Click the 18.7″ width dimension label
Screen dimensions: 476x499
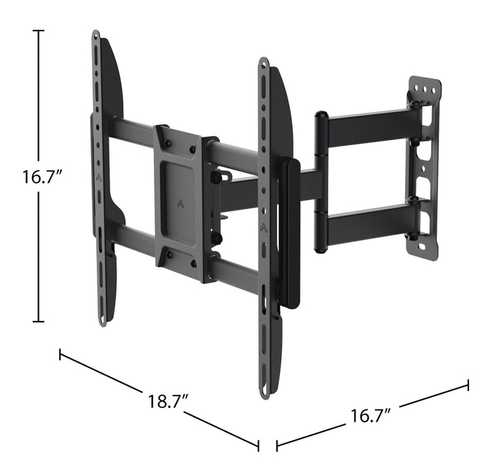pos(168,401)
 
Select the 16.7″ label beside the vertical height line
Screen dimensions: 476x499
pos(42,177)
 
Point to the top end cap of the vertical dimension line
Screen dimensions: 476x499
pos(38,31)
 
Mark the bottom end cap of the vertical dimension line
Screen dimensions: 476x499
pos(38,322)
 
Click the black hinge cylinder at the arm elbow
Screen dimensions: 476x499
pos(320,182)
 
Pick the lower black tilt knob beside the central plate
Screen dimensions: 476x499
pos(216,239)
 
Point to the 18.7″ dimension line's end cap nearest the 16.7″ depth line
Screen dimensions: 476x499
pos(258,445)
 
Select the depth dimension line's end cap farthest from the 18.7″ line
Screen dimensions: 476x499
pos(468,386)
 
